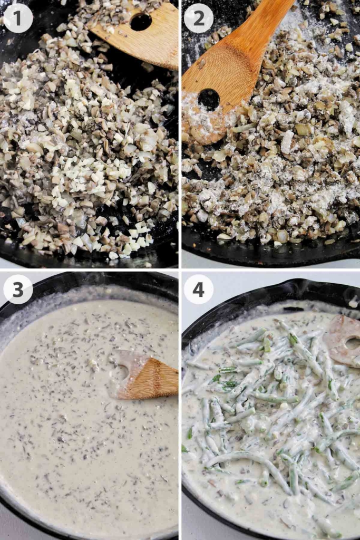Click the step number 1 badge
[18, 18]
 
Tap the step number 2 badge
[199, 18]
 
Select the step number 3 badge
[18, 290]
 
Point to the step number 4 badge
[199, 290]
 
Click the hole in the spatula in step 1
[141, 22]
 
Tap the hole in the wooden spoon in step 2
[209, 100]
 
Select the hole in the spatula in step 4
[353, 344]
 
